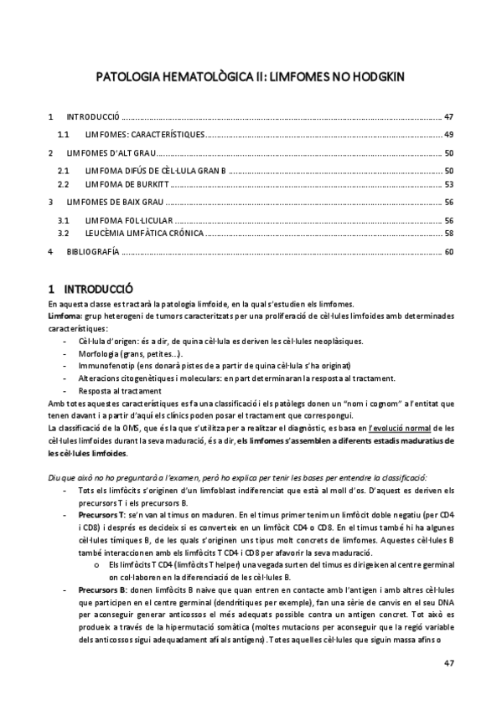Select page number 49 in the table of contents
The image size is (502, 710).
[449, 134]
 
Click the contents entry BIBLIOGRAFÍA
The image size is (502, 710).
[92, 250]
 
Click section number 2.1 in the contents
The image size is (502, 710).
[62, 170]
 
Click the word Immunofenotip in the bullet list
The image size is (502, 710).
[106, 366]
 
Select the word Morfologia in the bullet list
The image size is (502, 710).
[101, 354]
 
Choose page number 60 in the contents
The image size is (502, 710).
[449, 250]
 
